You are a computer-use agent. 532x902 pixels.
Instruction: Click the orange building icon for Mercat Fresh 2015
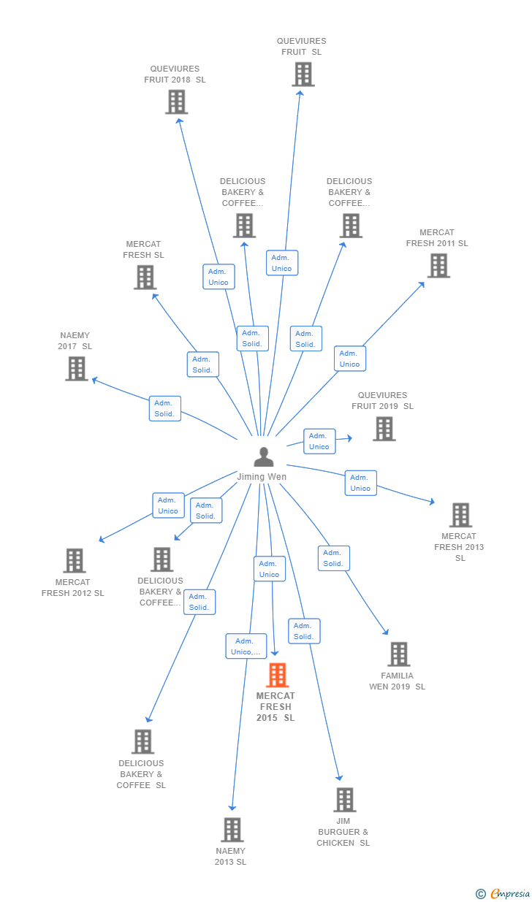(278, 676)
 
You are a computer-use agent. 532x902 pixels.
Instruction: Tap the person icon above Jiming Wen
(263, 457)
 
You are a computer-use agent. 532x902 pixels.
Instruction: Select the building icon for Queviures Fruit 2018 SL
(176, 102)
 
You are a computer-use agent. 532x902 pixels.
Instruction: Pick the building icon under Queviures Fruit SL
(303, 74)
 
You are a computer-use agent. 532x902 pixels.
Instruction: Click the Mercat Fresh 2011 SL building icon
(438, 266)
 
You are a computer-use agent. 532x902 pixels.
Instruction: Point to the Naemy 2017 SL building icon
(77, 369)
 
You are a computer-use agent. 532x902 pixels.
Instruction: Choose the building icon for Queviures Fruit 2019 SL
(384, 429)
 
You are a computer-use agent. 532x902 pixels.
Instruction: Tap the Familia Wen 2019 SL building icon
(398, 654)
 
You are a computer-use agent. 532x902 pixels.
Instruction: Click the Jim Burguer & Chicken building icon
(344, 800)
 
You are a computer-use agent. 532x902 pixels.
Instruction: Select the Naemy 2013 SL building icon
(232, 830)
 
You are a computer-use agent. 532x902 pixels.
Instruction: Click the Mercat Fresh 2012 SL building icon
(74, 561)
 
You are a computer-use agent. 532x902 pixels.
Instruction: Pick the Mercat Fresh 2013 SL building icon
(460, 515)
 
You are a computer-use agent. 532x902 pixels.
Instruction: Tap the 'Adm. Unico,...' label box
(246, 646)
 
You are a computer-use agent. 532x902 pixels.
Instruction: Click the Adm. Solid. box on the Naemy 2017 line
(164, 408)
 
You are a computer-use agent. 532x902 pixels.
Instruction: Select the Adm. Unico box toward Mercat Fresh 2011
(350, 359)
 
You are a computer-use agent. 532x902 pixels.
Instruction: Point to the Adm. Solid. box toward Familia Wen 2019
(333, 558)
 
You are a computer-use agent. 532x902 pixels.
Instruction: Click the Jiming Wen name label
(262, 477)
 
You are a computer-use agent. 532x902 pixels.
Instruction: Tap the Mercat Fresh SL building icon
(145, 278)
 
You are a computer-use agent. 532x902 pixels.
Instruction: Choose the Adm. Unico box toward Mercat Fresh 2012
(168, 505)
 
